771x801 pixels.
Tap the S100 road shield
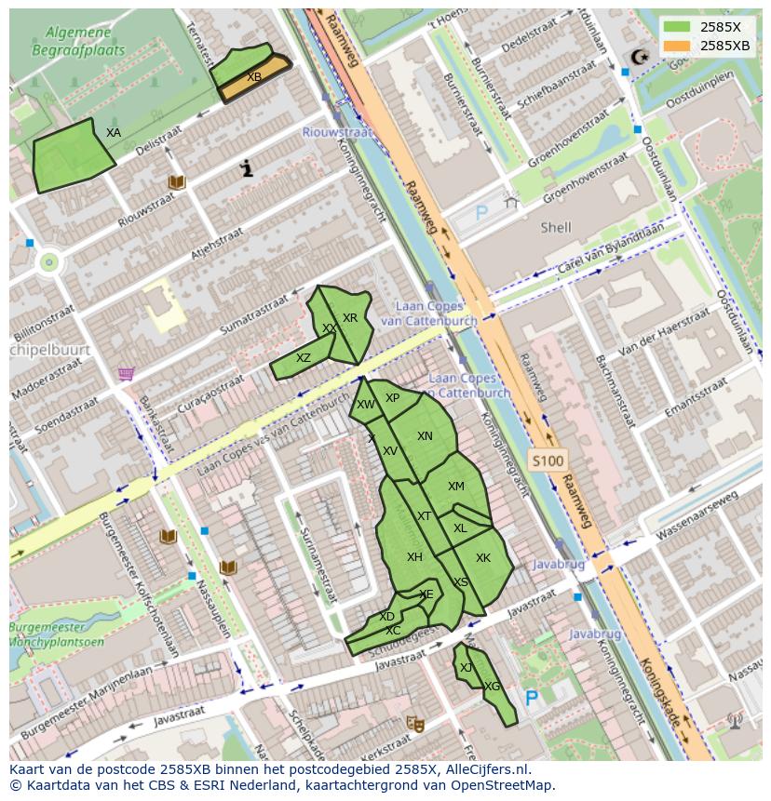pos(547,461)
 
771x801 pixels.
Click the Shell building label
pos(556,227)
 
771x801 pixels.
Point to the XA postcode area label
pos(113,133)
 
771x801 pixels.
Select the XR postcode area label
pos(350,318)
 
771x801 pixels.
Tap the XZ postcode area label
pos(304,358)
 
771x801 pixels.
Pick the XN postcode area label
pos(425,436)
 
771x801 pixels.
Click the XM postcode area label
pos(455,487)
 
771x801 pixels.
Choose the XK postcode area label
pos(482,558)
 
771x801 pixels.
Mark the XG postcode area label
pos(493,687)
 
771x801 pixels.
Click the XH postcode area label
pos(414,557)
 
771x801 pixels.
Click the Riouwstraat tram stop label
pos(336,132)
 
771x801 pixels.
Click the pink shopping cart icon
pos(126,374)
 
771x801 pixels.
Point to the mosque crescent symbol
pos(639,57)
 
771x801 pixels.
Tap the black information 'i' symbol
pos(247,168)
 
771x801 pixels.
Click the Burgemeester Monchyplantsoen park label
pos(54,634)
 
